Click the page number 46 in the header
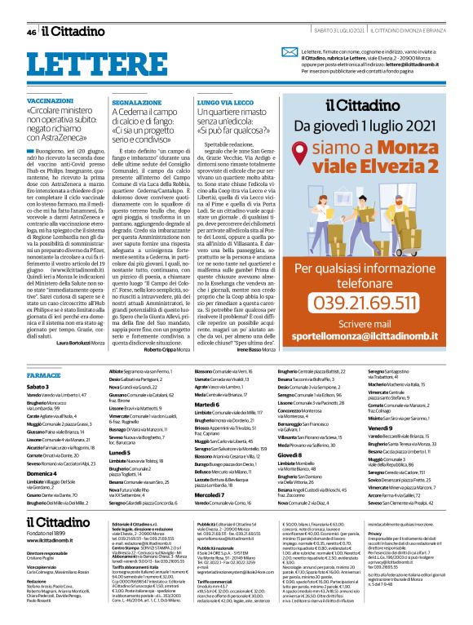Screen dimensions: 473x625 pyautogui.click(x=31, y=32)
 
